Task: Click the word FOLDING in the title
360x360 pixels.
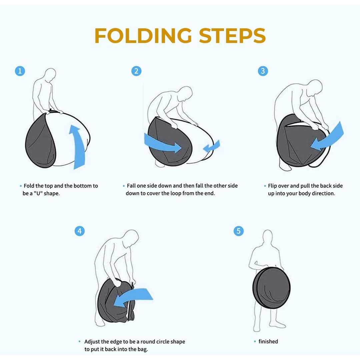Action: click(x=143, y=36)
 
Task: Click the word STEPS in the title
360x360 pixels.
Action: click(x=232, y=36)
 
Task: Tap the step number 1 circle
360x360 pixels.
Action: click(x=20, y=71)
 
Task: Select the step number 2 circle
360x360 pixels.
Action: click(x=136, y=71)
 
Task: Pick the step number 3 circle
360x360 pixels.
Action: click(x=263, y=71)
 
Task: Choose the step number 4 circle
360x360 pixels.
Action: click(x=80, y=231)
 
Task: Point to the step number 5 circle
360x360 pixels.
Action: click(x=239, y=231)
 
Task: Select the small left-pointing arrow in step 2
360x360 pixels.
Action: click(x=211, y=146)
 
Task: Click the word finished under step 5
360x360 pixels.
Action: click(x=268, y=341)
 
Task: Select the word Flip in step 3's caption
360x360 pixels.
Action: click(x=272, y=186)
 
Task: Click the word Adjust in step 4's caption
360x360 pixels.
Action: click(x=92, y=342)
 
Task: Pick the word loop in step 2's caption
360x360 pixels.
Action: click(x=176, y=194)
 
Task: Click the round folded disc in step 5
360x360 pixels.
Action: click(x=272, y=288)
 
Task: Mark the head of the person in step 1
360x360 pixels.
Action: click(x=50, y=74)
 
